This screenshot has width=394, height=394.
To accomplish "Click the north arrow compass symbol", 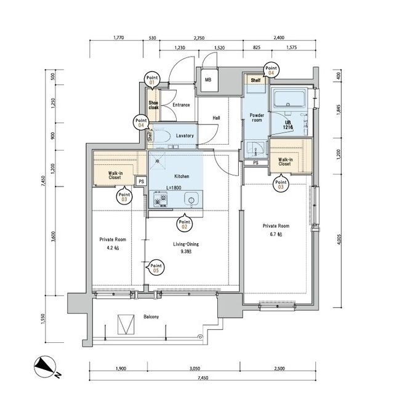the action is point(45,366).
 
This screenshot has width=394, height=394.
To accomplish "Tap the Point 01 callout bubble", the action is point(152,81).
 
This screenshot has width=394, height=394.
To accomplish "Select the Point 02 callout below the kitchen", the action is point(185,223).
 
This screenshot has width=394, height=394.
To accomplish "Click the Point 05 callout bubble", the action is point(156,268).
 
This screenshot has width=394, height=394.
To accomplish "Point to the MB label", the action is point(208,80).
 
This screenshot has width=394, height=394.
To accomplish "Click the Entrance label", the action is point(181,105).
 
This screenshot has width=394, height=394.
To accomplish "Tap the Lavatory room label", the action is point(185,135).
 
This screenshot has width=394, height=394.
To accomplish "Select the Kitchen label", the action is point(182,177).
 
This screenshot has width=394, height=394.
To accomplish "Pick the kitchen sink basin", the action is point(191,199).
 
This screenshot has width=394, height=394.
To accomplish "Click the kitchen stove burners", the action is point(160,199).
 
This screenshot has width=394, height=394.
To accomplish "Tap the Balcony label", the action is point(151,317).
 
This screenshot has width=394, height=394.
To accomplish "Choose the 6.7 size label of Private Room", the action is point(276,234).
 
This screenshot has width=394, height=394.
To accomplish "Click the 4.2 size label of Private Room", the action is point(113,248).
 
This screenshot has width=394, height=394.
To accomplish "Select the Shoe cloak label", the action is point(153,105).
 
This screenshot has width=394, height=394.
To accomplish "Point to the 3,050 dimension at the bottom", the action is point(195,369).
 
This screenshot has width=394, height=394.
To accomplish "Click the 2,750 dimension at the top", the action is point(199,38).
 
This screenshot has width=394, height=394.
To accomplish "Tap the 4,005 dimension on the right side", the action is point(339,239).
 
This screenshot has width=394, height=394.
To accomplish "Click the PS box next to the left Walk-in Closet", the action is point(142,181).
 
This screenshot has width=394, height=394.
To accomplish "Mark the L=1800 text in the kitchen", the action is point(174,188).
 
